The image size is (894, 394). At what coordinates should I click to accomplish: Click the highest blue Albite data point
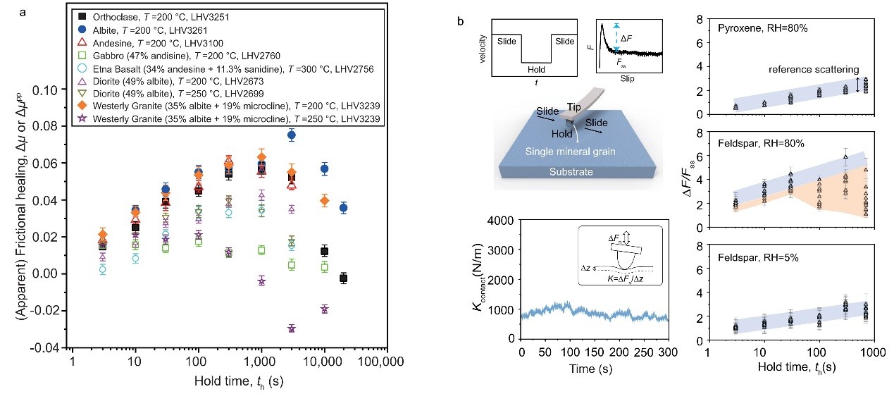[292, 135]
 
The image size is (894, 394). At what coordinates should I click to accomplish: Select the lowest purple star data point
[292, 328]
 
